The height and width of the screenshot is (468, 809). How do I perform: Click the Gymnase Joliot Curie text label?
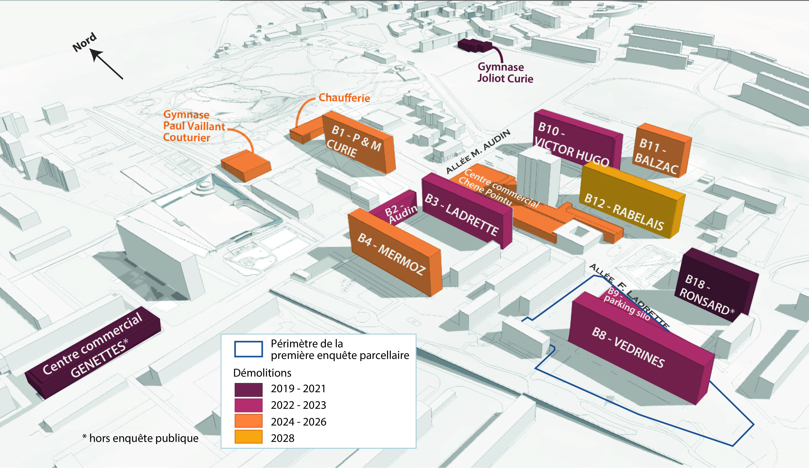click(x=505, y=73)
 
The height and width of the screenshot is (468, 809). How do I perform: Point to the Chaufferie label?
click(x=344, y=98)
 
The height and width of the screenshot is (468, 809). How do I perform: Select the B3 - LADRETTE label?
click(x=461, y=214)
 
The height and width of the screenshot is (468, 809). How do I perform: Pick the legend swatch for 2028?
click(x=248, y=437)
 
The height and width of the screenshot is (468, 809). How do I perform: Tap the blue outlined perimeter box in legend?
click(x=248, y=349)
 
